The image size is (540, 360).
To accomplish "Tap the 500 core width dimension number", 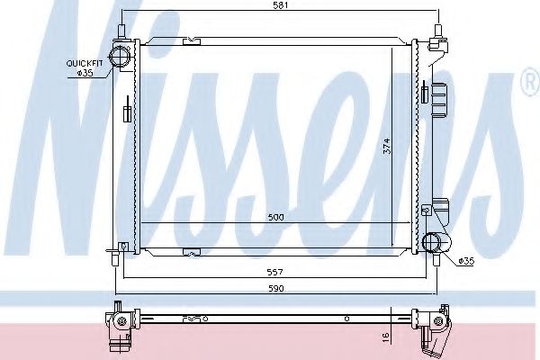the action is pyautogui.click(x=275, y=218).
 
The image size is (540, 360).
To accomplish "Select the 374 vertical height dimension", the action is pyautogui.click(x=387, y=146).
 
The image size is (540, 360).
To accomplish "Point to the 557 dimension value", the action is pyautogui.click(x=274, y=273).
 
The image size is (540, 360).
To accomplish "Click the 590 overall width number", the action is pyautogui.click(x=276, y=288).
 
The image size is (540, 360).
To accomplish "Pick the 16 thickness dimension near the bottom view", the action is pyautogui.click(x=386, y=337).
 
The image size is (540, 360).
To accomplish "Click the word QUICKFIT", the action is pyautogui.click(x=85, y=63).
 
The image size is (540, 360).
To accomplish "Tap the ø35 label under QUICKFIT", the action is pyautogui.click(x=85, y=72).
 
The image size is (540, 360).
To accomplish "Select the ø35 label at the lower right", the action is pyautogui.click(x=466, y=261).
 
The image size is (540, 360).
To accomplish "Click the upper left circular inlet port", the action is pyautogui.click(x=119, y=56).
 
